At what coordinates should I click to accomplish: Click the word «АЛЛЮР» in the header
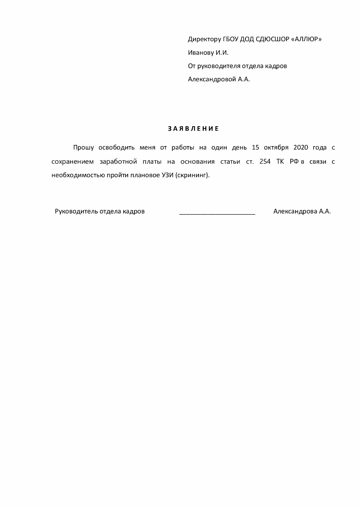click(x=306, y=39)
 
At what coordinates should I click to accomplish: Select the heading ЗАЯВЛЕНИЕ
click(x=193, y=129)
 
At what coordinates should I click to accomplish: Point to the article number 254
click(x=265, y=161)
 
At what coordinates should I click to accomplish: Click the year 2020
click(x=300, y=148)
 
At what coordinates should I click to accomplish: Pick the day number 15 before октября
click(x=255, y=148)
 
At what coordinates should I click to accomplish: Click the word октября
click(x=276, y=148)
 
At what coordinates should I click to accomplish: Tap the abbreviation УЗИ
click(x=167, y=175)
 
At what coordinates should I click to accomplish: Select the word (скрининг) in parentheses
click(x=193, y=175)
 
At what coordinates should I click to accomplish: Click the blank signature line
click(x=217, y=213)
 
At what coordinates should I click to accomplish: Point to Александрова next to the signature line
click(x=295, y=211)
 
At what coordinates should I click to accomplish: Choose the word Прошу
click(x=84, y=148)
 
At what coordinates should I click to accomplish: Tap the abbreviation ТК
click(x=280, y=161)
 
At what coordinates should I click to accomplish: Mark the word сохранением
click(x=73, y=162)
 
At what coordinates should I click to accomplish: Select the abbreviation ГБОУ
click(x=231, y=39)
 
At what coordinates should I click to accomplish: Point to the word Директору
click(x=205, y=39)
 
